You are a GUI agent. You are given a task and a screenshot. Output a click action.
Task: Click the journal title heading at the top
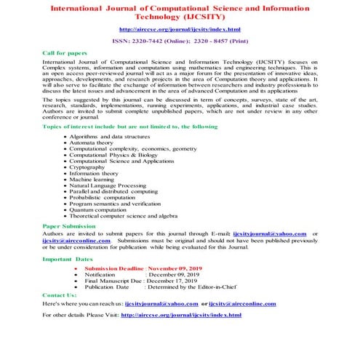(x=180, y=12)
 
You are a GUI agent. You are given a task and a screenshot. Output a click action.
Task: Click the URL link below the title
(x=180, y=29)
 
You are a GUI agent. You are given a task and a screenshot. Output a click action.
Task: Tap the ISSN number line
(x=180, y=41)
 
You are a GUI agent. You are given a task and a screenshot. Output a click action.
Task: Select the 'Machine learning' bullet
(x=95, y=180)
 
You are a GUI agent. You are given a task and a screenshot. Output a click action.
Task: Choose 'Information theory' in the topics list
(x=96, y=173)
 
